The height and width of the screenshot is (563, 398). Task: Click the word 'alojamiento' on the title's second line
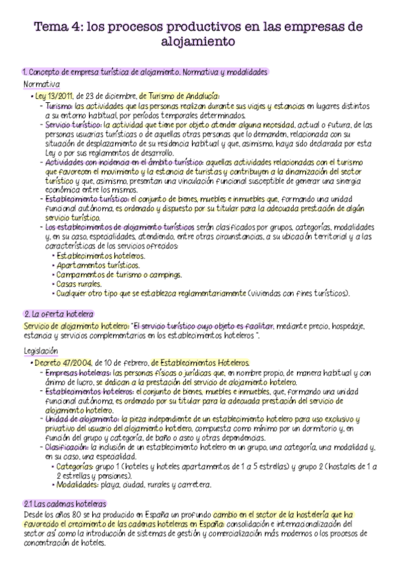click(198, 42)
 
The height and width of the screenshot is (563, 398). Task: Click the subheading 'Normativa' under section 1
click(41, 85)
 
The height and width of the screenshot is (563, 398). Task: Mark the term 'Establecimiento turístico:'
click(85, 197)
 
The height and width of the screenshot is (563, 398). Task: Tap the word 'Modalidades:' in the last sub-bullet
click(80, 485)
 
